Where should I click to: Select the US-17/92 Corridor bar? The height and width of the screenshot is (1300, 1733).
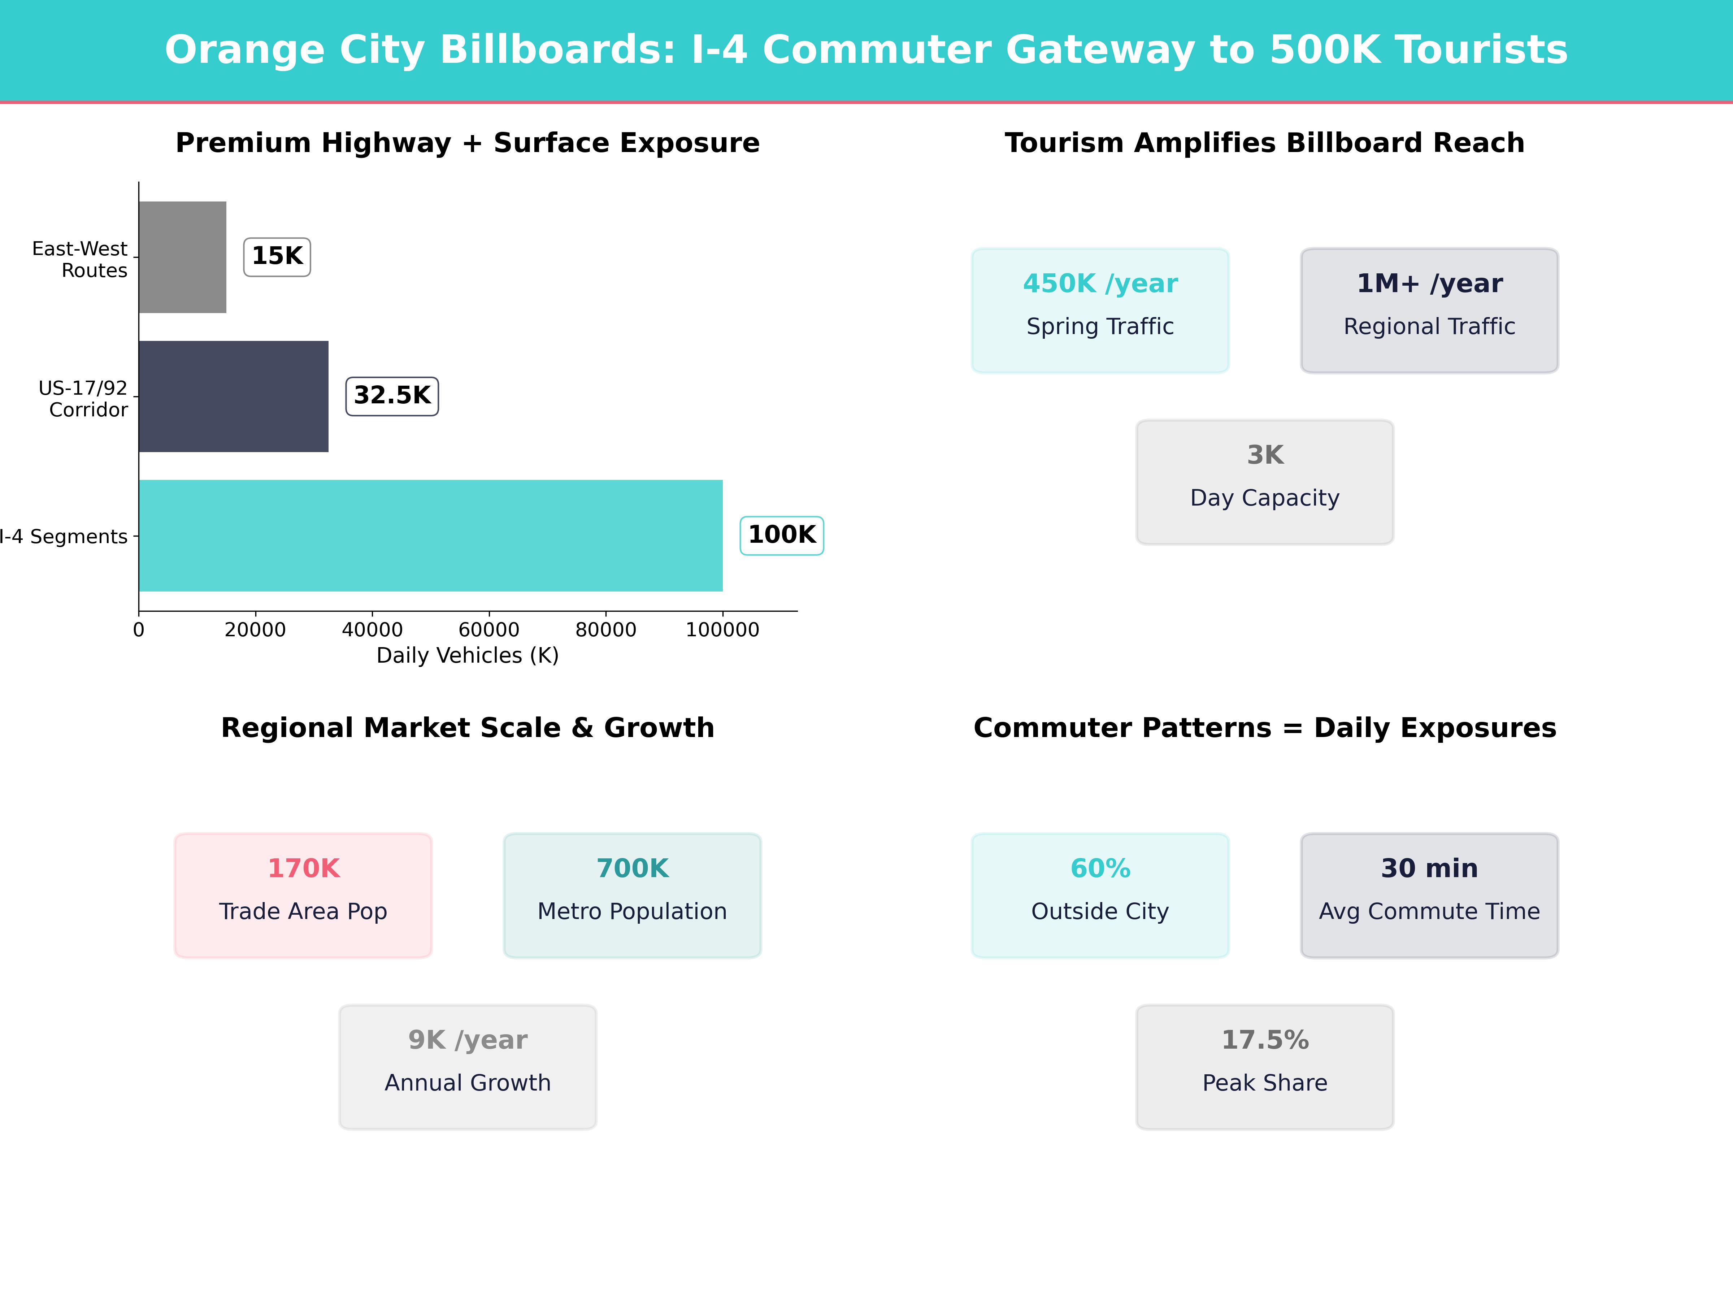(x=234, y=396)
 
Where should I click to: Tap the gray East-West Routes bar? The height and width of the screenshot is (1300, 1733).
(x=183, y=257)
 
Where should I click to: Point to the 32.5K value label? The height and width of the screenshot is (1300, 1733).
(x=392, y=396)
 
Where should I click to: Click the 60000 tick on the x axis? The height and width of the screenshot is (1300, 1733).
(x=489, y=630)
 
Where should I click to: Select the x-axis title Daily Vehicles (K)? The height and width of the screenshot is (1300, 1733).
(x=468, y=656)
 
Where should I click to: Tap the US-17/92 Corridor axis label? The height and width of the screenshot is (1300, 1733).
(x=83, y=399)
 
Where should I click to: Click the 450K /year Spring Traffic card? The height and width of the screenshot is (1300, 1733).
(x=1100, y=310)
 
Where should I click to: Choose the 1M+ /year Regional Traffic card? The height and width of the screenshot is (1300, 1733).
(x=1429, y=310)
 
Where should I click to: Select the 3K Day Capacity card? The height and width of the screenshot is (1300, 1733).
(x=1264, y=482)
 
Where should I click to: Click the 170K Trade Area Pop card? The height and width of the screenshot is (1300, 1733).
(x=303, y=895)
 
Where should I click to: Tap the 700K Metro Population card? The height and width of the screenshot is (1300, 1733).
(x=632, y=895)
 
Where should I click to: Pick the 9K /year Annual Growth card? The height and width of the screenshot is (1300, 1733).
(x=468, y=1066)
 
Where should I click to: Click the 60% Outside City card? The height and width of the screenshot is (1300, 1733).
(x=1100, y=895)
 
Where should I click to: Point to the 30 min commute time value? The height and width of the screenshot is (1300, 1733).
(x=1429, y=868)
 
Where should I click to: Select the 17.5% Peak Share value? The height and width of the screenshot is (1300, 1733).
(x=1264, y=1040)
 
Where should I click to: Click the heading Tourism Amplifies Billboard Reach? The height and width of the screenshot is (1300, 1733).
(x=1264, y=143)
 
